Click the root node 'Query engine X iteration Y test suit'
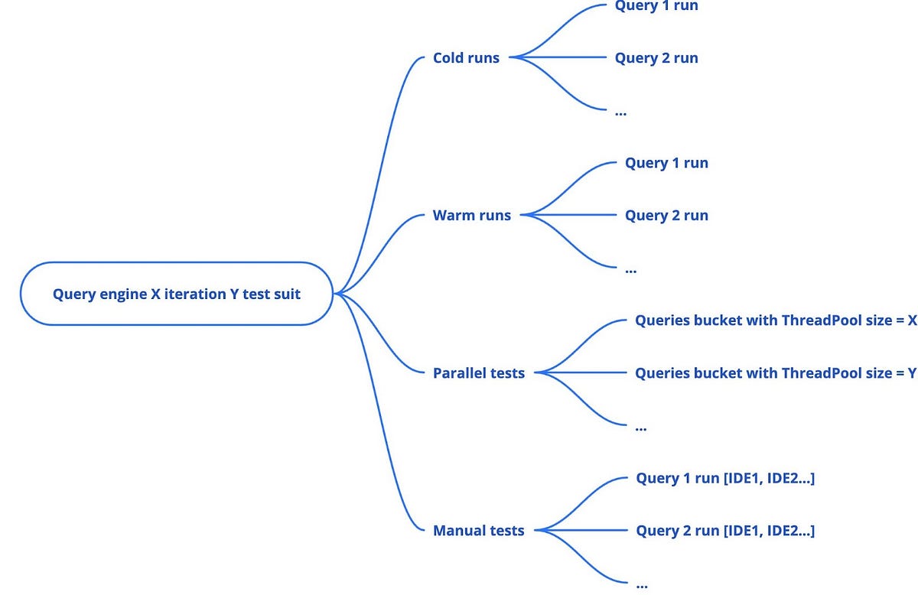pos(177,294)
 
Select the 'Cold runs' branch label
pos(466,57)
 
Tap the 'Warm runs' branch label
pos(471,215)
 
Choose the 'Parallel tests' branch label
pos(479,373)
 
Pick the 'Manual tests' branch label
pos(479,531)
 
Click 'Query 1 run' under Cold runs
pos(656,6)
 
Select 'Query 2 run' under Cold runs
pos(656,57)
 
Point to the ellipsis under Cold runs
pos(620,112)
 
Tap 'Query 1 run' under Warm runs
pos(666,163)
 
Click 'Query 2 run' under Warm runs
pos(666,215)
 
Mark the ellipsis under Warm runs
pos(630,270)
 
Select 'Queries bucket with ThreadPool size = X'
pos(776,320)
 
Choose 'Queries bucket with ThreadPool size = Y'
pos(776,373)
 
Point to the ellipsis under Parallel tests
pos(641,428)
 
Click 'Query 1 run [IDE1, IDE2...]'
pos(725,478)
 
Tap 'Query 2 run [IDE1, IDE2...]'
pos(725,531)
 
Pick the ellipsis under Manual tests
pos(642,586)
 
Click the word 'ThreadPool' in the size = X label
pos(818,320)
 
